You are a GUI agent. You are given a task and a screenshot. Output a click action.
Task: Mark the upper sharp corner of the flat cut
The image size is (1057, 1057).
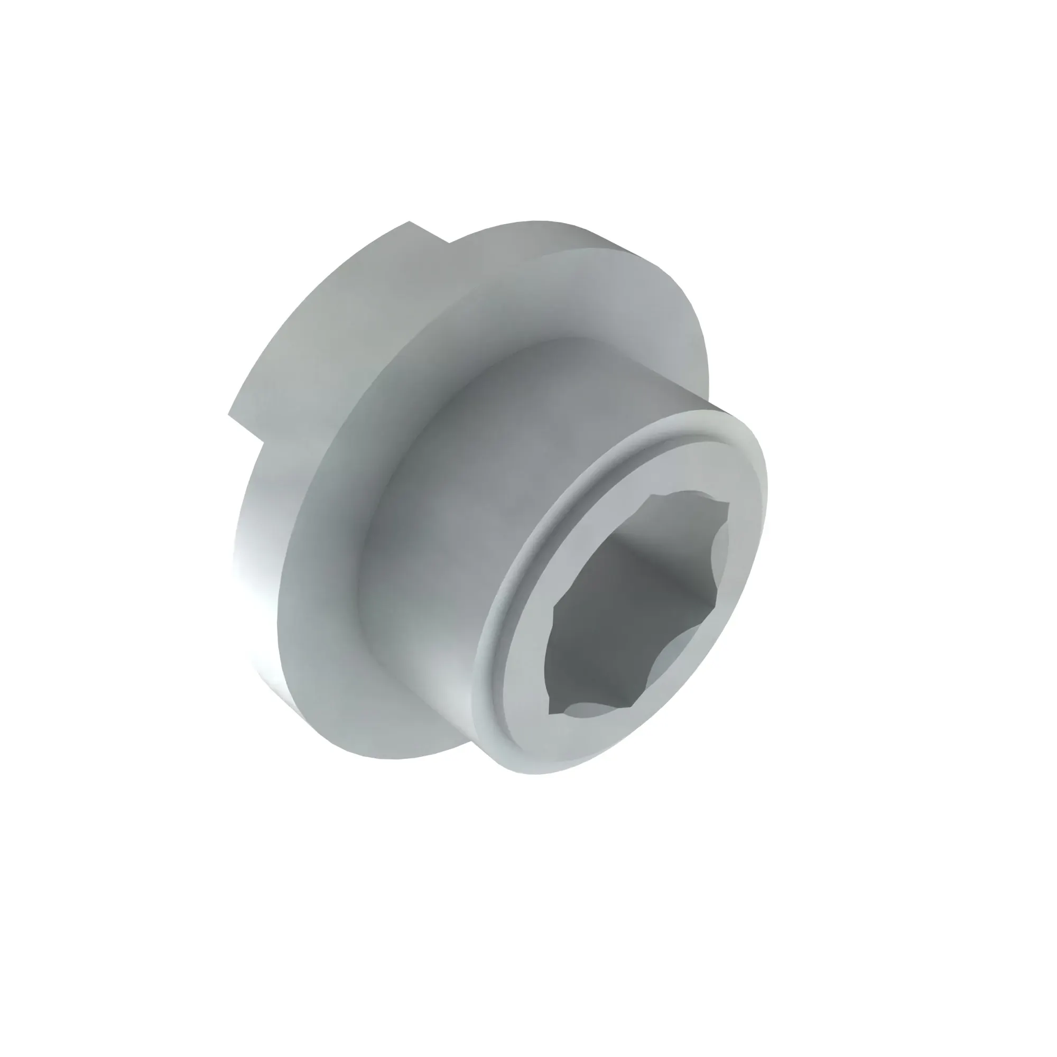coord(409,221)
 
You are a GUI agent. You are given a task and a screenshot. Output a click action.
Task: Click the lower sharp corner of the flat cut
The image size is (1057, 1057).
coord(228,414)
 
